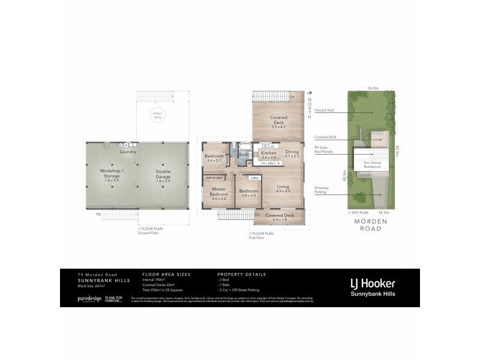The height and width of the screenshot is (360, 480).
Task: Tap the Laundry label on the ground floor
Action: click(128, 152)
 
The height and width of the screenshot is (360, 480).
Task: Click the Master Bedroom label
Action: click(218, 192)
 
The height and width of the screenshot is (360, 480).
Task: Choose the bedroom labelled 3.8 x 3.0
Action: click(248, 192)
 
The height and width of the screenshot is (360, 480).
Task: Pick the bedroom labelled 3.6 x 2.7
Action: click(214, 157)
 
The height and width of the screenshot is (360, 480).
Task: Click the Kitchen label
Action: click(268, 155)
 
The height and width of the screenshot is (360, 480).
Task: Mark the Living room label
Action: click(283, 189)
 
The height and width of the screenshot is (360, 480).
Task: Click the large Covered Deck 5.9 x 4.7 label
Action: click(278, 121)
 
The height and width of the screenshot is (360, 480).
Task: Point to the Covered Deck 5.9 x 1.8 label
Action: click(280, 217)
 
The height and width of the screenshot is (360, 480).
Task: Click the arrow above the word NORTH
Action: click(310, 93)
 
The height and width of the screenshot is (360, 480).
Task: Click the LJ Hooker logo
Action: click(372, 286)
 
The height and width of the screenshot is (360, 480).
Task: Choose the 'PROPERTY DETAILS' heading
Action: click(241, 274)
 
